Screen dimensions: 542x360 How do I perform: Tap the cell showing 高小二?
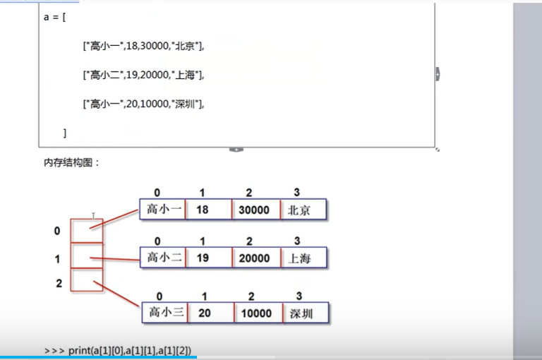163,258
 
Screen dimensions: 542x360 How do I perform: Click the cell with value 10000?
255,313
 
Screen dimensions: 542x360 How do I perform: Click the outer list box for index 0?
87,231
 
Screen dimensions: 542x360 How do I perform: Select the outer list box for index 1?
87,256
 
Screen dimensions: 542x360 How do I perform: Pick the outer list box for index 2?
87,280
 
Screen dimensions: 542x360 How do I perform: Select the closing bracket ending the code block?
64,133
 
